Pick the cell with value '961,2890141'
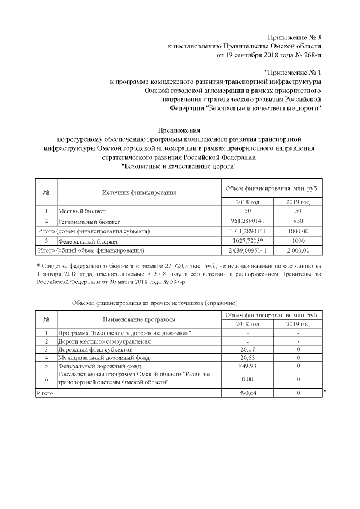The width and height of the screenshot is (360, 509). (x=247, y=221)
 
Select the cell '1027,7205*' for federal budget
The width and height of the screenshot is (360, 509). (x=247, y=240)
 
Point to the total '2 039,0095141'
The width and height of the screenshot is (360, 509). (x=247, y=250)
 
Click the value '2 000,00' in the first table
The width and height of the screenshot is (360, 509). (x=298, y=250)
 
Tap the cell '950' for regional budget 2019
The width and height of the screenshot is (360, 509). (x=298, y=221)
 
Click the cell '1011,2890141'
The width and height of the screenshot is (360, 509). (x=247, y=231)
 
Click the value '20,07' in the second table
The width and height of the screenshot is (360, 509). (x=247, y=349)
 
